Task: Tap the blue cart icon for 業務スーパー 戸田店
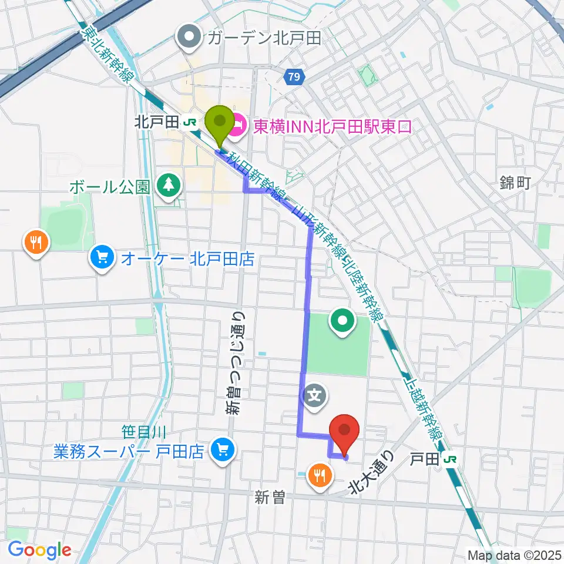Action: pos(222,450)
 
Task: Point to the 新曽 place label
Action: pos(270,497)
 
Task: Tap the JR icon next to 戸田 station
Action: pos(451,458)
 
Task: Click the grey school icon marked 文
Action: pos(315,395)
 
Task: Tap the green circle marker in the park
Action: pos(343,320)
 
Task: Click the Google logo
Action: pos(39,550)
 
